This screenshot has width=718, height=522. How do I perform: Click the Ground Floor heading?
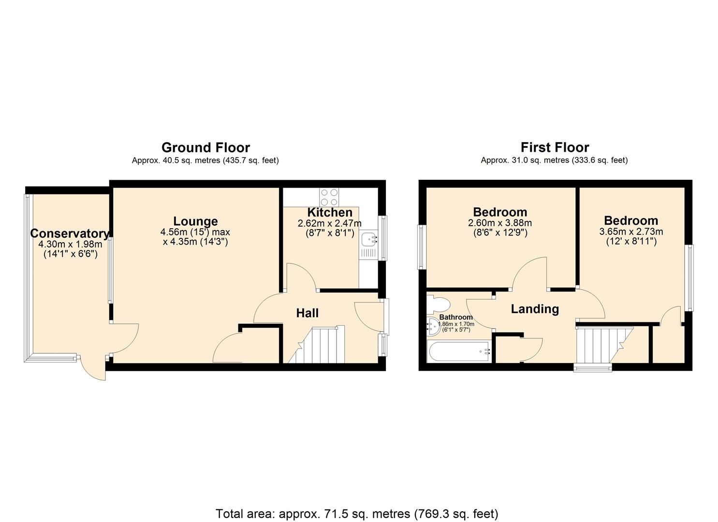(x=205, y=147)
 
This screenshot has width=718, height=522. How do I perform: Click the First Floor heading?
(x=555, y=147)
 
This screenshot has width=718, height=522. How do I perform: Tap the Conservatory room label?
(x=70, y=234)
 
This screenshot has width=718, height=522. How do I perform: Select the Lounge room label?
(x=195, y=221)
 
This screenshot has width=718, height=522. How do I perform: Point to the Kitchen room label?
(x=330, y=213)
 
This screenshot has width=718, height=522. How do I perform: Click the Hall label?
(x=308, y=313)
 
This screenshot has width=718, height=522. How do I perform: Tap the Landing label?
(x=535, y=309)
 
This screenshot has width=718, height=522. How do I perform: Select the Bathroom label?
(x=456, y=318)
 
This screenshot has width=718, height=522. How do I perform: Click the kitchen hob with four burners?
(x=329, y=197)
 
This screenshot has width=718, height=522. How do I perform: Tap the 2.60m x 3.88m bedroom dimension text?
(x=500, y=223)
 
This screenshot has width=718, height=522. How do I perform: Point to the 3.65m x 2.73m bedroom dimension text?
(x=631, y=232)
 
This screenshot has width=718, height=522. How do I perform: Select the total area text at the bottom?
(x=357, y=513)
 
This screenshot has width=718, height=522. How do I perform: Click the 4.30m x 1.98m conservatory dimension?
(x=70, y=245)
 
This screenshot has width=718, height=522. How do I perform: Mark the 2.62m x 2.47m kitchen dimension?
(x=330, y=223)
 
